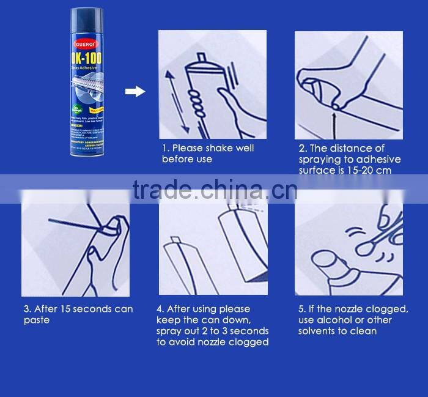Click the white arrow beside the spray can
click(135, 92)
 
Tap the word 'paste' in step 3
click(36, 321)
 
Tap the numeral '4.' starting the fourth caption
click(160, 309)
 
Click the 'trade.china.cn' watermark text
click(215, 190)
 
